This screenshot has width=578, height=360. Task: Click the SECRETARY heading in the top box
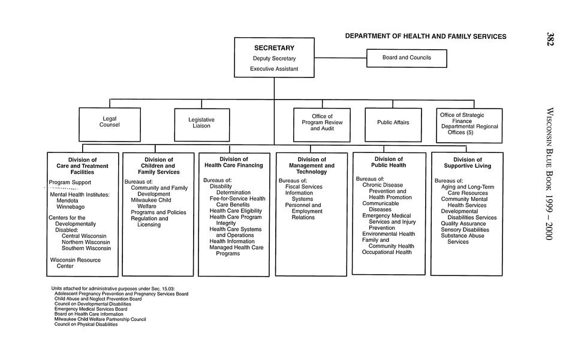pos(274,47)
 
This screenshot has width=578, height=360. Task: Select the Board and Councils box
pos(407,58)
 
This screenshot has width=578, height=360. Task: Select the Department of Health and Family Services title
pos(426,37)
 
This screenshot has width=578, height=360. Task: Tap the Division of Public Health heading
pos(389,162)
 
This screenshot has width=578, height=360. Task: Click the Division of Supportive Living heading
pos(467,163)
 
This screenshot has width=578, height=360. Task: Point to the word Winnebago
pos(71,207)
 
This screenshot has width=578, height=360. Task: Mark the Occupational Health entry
pos(387,253)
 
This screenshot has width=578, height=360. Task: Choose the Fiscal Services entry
pos(303,187)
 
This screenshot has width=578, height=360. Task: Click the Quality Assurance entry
pos(463,223)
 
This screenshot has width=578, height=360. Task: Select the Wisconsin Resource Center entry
pos(75,263)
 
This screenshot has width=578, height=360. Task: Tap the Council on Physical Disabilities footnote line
pos(86,325)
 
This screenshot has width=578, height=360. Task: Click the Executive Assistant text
pos(274,69)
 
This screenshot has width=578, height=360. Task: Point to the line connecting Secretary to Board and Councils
pos(341,58)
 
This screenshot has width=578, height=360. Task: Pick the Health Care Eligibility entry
pos(236,211)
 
